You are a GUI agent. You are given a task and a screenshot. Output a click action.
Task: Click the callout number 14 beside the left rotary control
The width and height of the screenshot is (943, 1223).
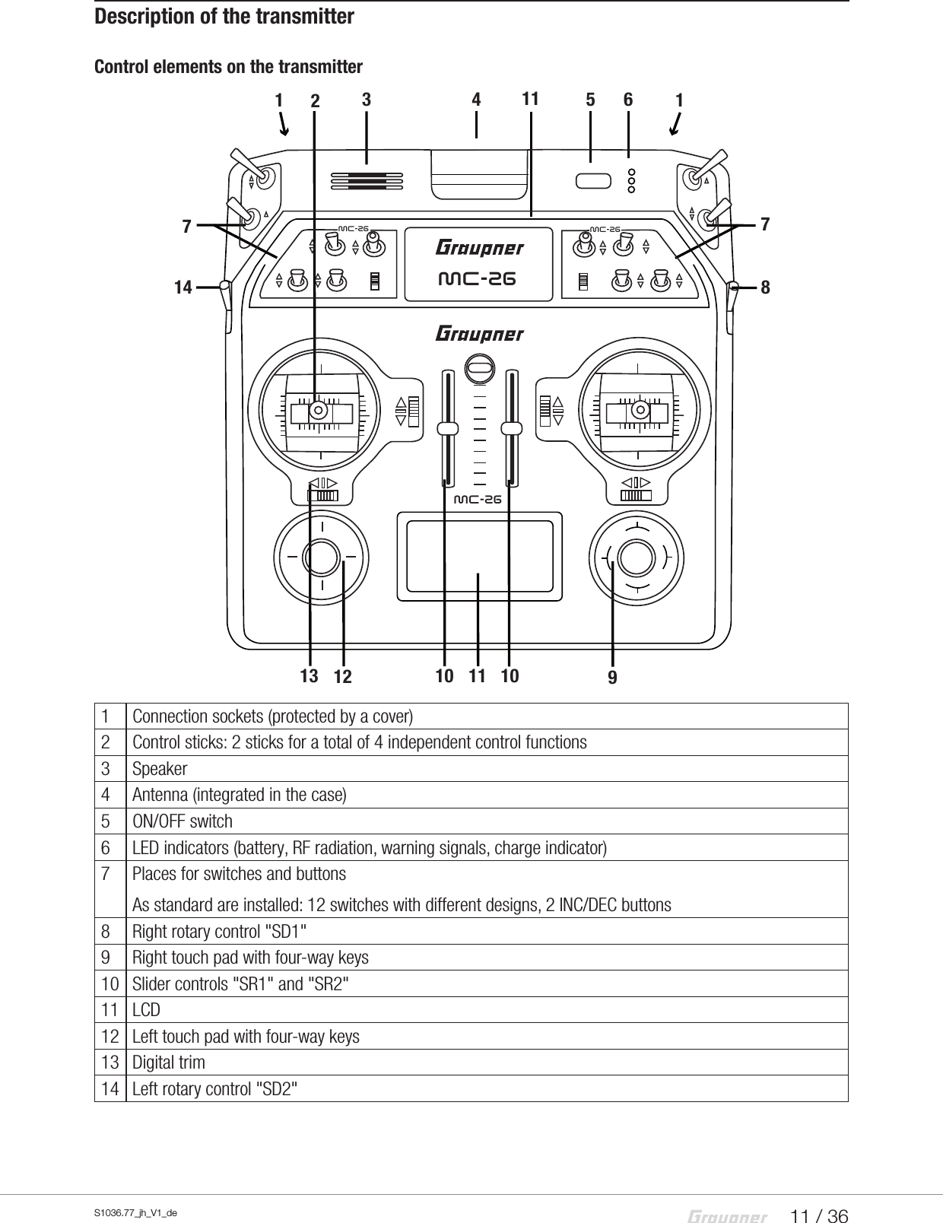tap(183, 287)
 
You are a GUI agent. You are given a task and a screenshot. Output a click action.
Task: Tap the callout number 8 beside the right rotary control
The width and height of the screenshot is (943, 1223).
tap(765, 287)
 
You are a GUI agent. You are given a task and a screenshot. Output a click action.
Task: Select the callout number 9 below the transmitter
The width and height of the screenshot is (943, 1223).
tap(612, 676)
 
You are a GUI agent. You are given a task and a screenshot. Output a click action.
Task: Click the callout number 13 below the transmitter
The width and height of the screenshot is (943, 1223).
tap(308, 675)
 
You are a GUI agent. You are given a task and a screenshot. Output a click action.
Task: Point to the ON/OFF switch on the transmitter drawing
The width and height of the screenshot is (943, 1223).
tap(593, 180)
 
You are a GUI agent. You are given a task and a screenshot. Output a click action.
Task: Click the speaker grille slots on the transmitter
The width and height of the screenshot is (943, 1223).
tap(367, 180)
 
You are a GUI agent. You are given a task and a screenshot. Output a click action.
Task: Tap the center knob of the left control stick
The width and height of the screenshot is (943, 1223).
tap(319, 411)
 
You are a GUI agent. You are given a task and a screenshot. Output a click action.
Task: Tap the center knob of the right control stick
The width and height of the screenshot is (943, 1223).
tap(640, 411)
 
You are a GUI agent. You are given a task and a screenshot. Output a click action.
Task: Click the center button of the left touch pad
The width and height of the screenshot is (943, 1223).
tap(322, 557)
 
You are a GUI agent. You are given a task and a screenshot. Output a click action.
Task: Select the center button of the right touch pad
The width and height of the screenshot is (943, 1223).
tap(637, 558)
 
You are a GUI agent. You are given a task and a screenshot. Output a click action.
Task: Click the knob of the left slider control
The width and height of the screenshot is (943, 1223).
tap(449, 429)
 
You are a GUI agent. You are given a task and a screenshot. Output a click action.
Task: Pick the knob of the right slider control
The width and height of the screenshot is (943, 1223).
tap(513, 429)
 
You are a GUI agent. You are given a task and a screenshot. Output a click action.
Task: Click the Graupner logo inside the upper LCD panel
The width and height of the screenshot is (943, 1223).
tap(479, 249)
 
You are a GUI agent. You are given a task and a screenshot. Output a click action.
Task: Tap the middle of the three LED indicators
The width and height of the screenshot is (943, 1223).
tap(631, 180)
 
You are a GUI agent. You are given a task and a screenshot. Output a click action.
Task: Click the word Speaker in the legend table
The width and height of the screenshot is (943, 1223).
tap(160, 769)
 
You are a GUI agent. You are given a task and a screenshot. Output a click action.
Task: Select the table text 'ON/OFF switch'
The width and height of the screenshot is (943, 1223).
tap(183, 821)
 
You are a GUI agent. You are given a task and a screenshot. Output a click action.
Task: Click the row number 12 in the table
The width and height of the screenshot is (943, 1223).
tap(110, 1037)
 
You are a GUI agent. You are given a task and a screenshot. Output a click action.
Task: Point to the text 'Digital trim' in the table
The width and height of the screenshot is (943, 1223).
tap(169, 1063)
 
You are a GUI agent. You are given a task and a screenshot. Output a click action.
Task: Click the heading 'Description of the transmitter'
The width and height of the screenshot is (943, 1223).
tap(224, 16)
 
